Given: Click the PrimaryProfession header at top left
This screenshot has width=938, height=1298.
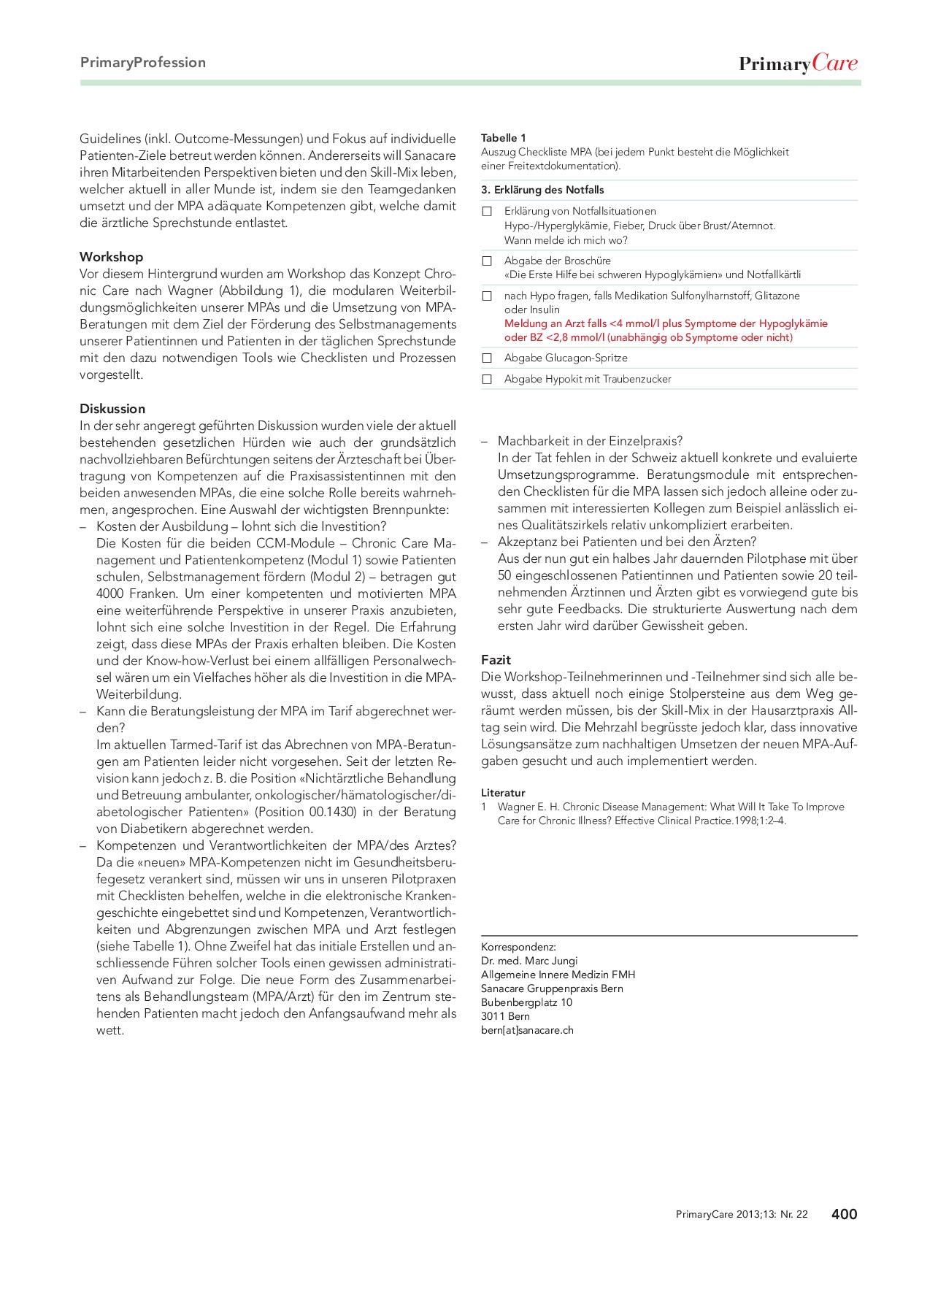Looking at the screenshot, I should pyautogui.click(x=143, y=63).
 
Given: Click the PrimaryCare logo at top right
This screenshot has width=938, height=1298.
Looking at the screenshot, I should pyautogui.click(x=798, y=64).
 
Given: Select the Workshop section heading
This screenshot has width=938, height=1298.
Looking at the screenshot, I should pyautogui.click(x=111, y=257).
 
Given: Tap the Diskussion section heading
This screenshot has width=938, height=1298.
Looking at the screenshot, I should pyautogui.click(x=112, y=409).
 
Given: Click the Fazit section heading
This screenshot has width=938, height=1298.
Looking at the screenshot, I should pyautogui.click(x=496, y=660).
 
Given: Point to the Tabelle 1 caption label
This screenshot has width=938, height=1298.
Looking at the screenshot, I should pyautogui.click(x=504, y=138).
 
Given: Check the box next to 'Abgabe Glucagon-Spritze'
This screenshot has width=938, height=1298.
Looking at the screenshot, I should pyautogui.click(x=487, y=358).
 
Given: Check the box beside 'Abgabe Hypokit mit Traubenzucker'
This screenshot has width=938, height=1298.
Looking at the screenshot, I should pyautogui.click(x=487, y=380).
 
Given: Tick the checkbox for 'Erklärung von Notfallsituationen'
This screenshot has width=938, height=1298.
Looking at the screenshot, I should pyautogui.click(x=487, y=212).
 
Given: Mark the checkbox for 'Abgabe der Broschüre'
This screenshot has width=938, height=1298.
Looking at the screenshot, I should pyautogui.click(x=487, y=261).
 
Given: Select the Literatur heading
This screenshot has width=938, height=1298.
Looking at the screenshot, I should pyautogui.click(x=503, y=793).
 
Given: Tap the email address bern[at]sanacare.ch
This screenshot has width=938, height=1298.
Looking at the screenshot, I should pyautogui.click(x=527, y=1030).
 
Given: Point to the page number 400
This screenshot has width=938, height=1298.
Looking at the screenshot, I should pyautogui.click(x=844, y=1214).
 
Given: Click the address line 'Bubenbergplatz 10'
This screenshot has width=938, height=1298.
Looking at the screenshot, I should pyautogui.click(x=526, y=1002).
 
